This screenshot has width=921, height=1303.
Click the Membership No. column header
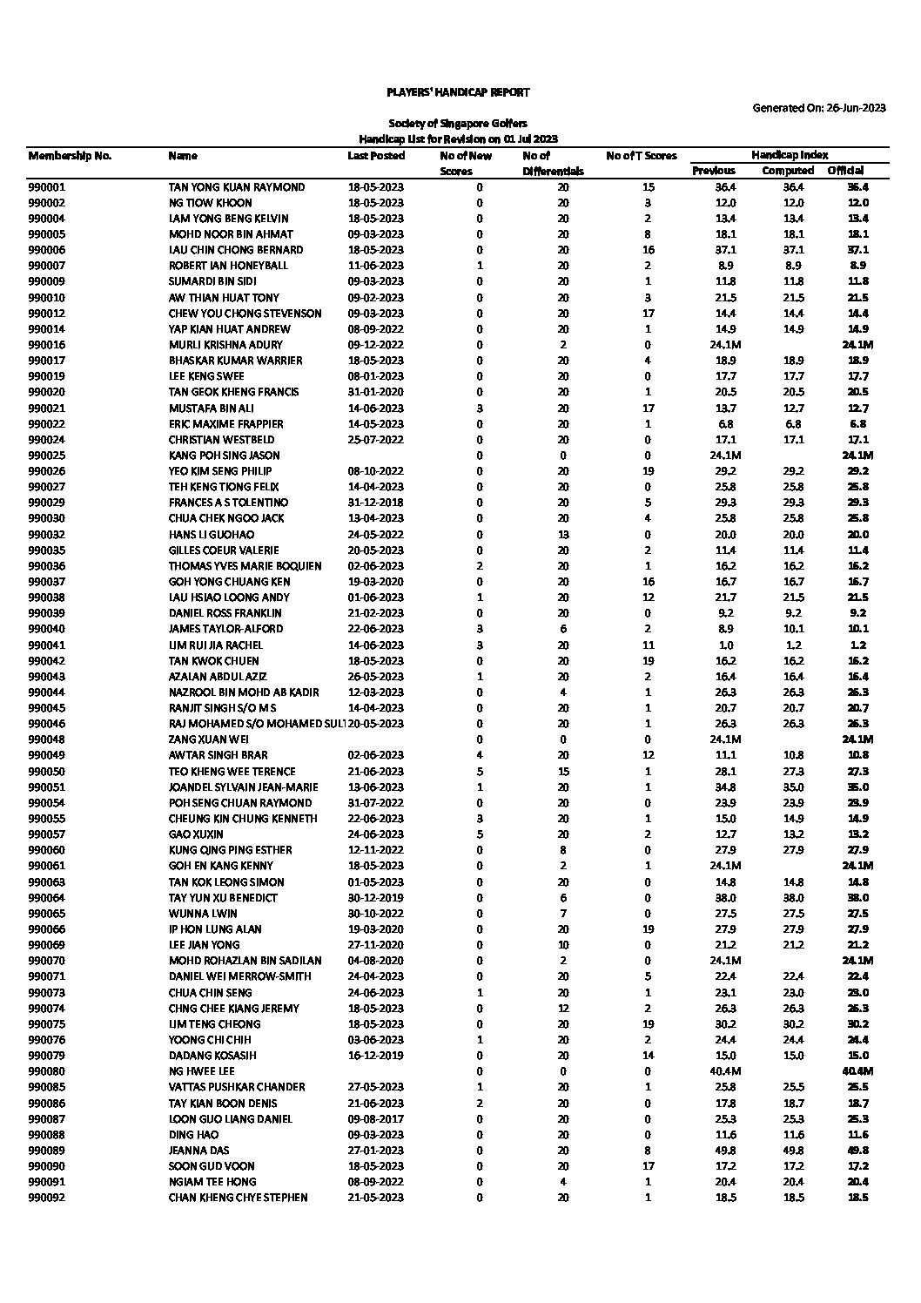(70, 156)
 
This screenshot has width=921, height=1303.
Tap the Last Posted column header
(376, 156)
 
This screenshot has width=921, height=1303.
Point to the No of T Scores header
(642, 156)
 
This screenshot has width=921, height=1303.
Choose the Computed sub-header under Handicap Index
(788, 171)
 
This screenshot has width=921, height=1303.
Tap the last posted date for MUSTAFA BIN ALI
(376, 408)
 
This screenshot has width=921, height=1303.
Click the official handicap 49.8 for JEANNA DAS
(857, 1151)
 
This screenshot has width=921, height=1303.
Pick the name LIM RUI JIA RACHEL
(216, 645)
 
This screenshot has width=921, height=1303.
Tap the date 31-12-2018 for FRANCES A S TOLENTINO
(376, 503)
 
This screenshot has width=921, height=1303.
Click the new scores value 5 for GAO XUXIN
(480, 834)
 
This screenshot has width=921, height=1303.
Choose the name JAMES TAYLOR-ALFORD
(225, 629)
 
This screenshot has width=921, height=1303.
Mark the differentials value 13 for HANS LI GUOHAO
(563, 535)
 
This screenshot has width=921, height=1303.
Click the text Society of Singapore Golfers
(458, 124)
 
